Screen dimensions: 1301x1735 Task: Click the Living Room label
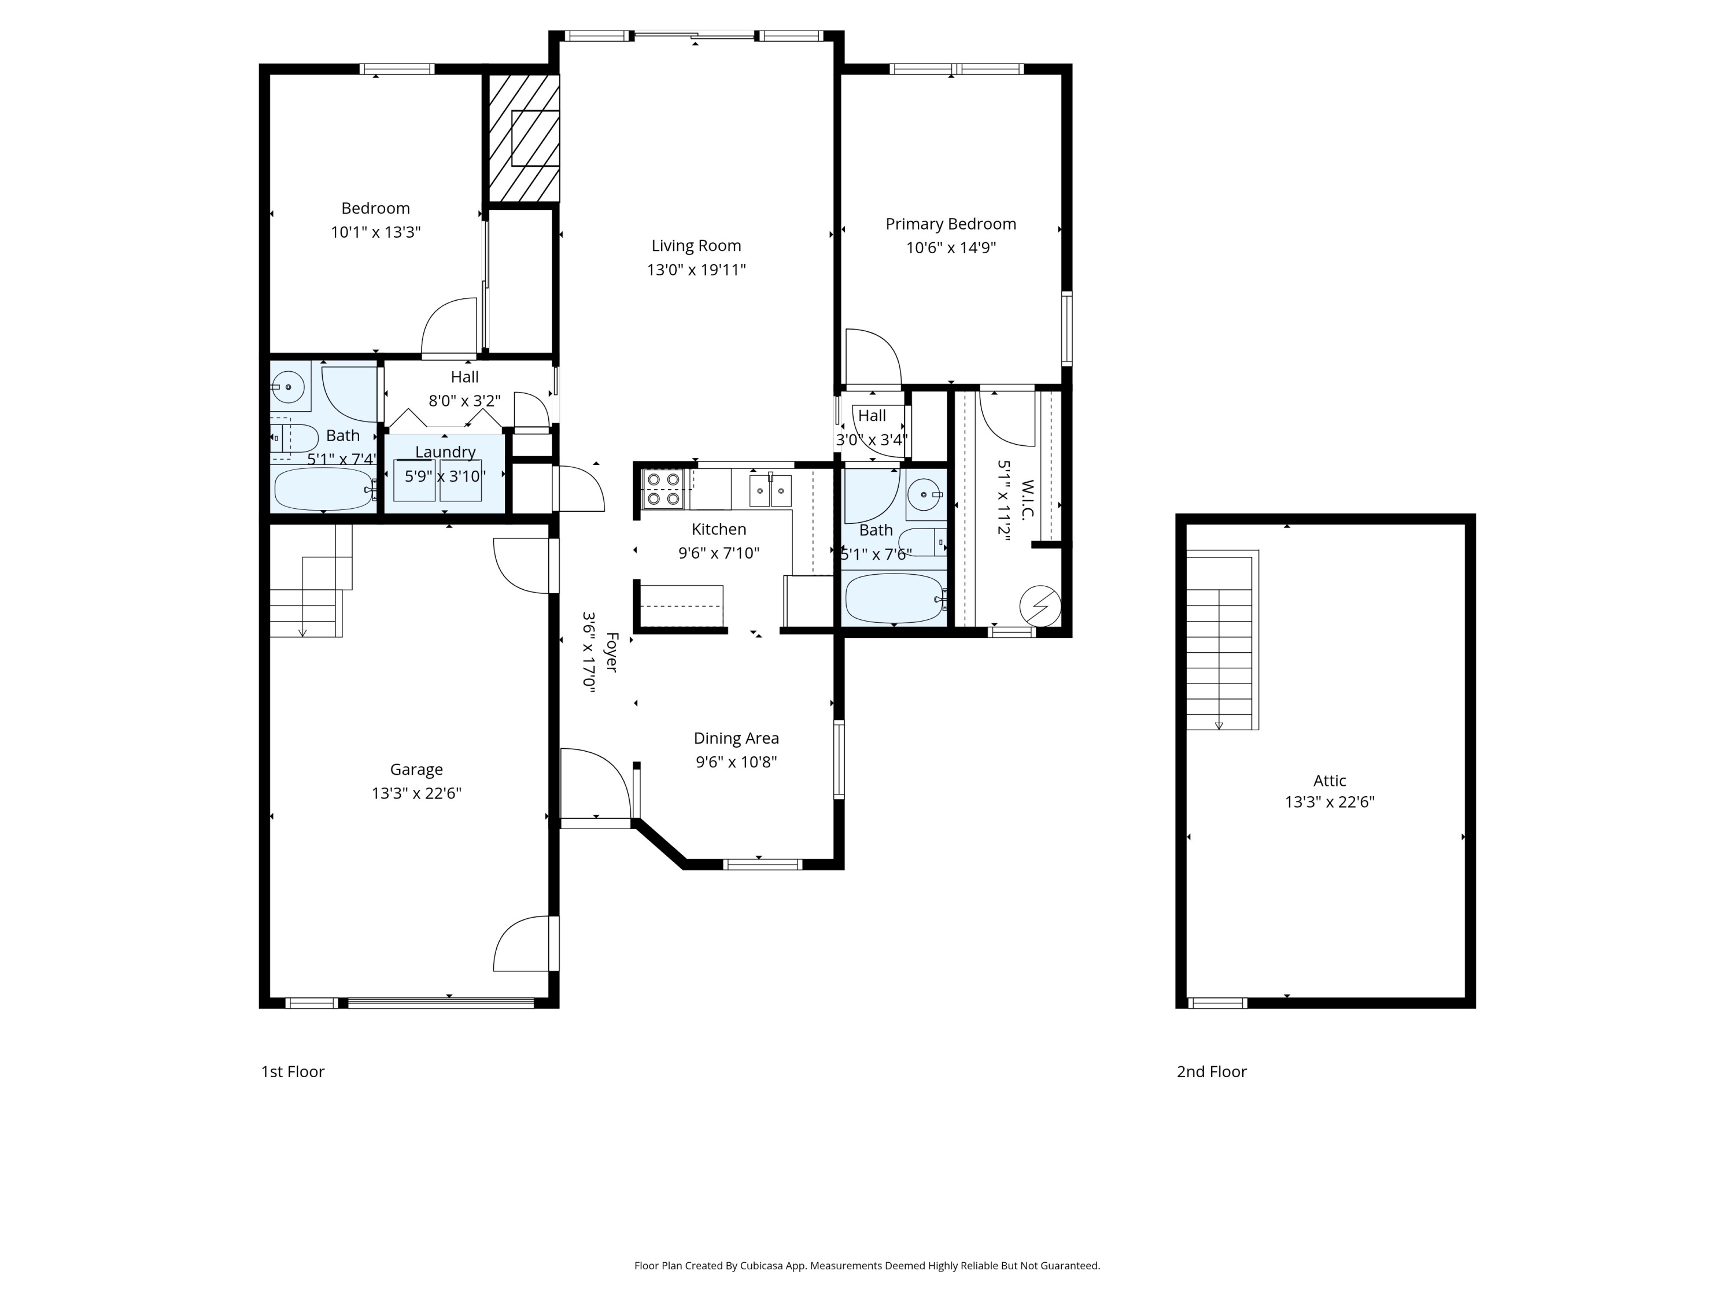click(x=696, y=246)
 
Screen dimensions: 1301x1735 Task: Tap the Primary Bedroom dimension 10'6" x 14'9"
click(x=951, y=248)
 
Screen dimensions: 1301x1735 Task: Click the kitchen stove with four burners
click(x=663, y=489)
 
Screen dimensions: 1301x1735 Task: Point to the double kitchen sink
click(x=770, y=490)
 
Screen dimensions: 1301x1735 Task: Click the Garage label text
click(x=416, y=769)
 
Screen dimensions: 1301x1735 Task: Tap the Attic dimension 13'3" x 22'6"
click(x=1330, y=802)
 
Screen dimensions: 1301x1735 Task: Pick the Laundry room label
click(x=445, y=452)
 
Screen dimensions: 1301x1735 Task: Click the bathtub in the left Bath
click(x=324, y=489)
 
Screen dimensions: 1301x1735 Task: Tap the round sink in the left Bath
click(x=289, y=387)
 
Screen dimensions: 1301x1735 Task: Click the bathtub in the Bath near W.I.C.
click(x=894, y=597)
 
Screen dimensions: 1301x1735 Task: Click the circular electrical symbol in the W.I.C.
click(x=1040, y=605)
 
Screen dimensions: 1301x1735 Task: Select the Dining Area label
click(x=736, y=738)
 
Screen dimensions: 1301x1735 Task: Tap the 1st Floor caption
click(x=293, y=1071)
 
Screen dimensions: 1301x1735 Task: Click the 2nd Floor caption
click(x=1211, y=1071)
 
